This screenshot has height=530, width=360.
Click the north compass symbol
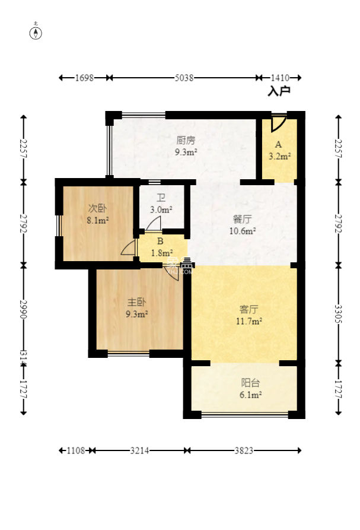[x=36, y=33]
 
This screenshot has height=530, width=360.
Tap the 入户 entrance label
[x=279, y=91]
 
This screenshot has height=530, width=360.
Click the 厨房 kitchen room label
[x=186, y=141]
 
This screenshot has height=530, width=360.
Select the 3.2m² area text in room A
[x=279, y=157]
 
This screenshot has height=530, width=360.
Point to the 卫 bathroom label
[x=161, y=199]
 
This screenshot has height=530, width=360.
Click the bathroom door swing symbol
[x=153, y=224]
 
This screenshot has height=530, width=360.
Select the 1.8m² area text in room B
[x=160, y=253]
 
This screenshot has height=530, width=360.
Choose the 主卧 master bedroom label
[x=136, y=302]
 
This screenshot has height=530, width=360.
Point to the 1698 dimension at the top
[x=85, y=78]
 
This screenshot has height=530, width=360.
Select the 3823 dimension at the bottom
[x=243, y=450]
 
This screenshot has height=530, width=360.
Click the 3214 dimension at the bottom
[x=139, y=450]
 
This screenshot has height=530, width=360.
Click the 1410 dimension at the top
[x=279, y=78]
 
